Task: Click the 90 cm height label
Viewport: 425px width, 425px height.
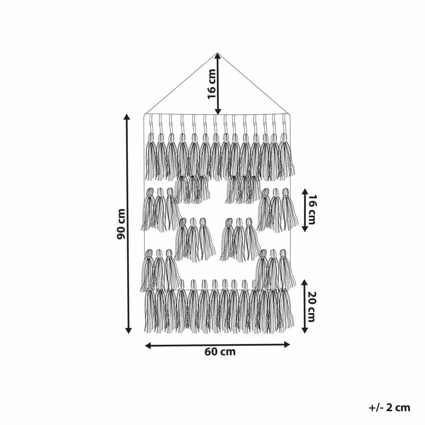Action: click(x=121, y=224)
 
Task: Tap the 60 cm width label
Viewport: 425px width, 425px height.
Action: click(x=220, y=352)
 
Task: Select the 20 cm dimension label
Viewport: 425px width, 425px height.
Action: click(x=311, y=306)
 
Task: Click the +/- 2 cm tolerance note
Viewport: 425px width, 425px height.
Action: click(x=389, y=408)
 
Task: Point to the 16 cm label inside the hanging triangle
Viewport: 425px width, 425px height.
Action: click(x=212, y=84)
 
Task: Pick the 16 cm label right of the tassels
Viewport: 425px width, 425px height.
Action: click(x=312, y=210)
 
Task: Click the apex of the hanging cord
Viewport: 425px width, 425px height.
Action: click(x=218, y=53)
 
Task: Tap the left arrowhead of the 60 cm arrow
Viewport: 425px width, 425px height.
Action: click(x=148, y=345)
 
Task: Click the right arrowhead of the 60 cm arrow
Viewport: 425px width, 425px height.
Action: click(x=287, y=345)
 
